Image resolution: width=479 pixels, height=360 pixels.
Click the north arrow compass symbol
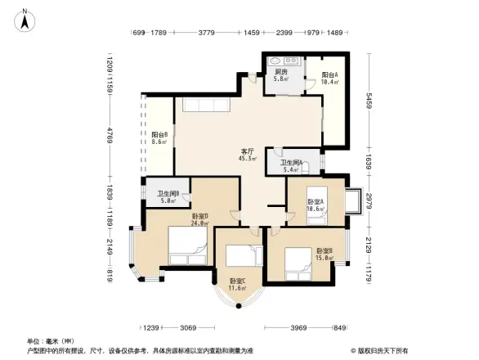click(25, 19)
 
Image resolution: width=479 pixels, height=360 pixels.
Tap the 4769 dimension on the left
click(108, 134)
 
